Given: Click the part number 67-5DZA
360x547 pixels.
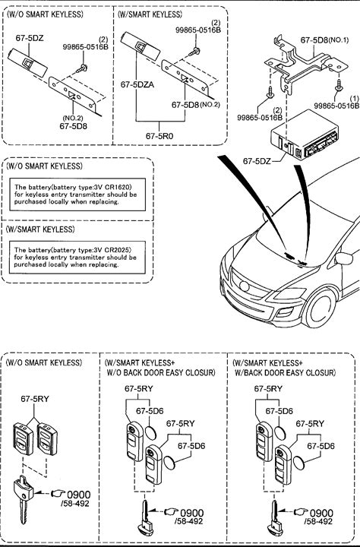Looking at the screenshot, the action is [137, 84].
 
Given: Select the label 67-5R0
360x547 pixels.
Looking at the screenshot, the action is [159, 136].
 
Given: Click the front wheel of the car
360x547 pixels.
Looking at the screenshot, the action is [321, 308].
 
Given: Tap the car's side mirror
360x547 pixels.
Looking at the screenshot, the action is [344, 258].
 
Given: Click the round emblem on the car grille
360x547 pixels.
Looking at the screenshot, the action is [245, 286].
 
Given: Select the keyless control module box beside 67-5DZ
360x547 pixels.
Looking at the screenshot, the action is [305, 135].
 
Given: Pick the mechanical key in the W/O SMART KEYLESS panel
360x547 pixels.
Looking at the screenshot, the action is [23, 499].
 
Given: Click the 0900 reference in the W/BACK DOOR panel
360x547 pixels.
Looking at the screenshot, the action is [321, 513].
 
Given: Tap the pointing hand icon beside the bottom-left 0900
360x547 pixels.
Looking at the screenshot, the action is [58, 493].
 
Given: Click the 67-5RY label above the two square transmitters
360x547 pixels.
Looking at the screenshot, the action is [35, 399].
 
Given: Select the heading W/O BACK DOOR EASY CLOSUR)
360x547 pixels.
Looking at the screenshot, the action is [161, 372].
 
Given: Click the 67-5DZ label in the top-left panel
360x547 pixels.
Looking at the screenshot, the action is [30, 38].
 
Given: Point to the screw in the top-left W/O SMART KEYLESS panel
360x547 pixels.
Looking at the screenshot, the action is [82, 68].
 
